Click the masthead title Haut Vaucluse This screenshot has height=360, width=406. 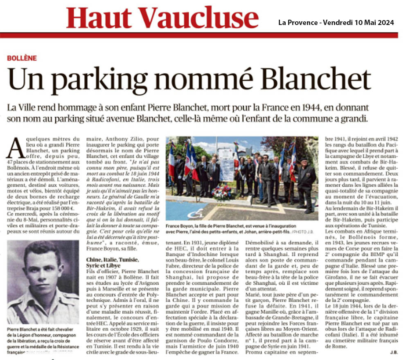(162, 18)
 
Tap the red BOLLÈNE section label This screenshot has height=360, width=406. (22, 58)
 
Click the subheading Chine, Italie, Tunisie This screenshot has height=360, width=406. (113, 259)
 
